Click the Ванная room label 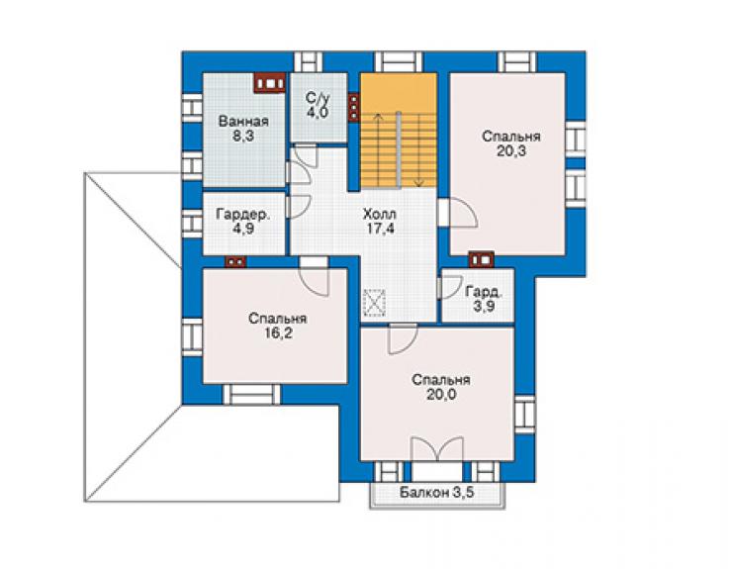[x=243, y=122]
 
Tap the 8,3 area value [x=243, y=137]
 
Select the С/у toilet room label [x=318, y=98]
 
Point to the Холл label [x=380, y=215]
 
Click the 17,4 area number [x=380, y=229]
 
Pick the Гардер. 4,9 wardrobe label [x=243, y=222]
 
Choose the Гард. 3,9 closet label [x=484, y=299]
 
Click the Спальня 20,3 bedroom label [x=511, y=143]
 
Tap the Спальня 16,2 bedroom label [x=278, y=326]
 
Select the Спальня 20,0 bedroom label [x=441, y=387]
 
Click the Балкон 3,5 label [x=437, y=493]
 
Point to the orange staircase [x=399, y=131]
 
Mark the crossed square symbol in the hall [x=374, y=303]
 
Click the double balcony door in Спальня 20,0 [x=437, y=450]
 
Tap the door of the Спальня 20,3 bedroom [x=457, y=213]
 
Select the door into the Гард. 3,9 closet [x=449, y=287]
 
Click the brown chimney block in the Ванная [x=269, y=83]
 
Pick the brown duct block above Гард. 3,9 [x=481, y=259]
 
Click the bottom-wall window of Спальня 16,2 [x=251, y=394]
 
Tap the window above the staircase [x=399, y=61]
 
